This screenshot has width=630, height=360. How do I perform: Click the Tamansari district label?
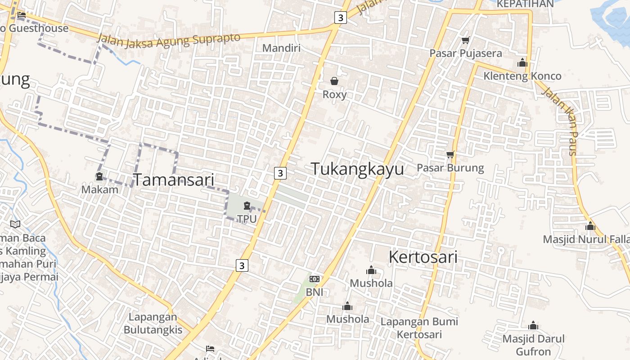tap(174, 180)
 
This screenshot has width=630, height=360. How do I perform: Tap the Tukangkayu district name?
tap(357, 169)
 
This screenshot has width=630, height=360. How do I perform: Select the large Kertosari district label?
tap(423, 257)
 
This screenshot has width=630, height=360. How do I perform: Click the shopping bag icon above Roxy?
tap(334, 81)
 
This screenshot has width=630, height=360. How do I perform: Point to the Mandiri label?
tap(281, 48)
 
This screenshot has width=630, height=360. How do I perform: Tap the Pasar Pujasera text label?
tap(465, 53)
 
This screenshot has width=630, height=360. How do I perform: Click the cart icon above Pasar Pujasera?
tap(465, 40)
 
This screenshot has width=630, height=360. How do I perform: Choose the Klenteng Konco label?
tap(522, 76)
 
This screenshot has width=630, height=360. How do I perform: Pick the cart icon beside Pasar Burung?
tap(450, 155)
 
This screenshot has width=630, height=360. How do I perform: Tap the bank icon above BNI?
tap(315, 279)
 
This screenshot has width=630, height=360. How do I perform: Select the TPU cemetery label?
tap(247, 219)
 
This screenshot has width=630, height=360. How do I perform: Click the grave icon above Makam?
tap(99, 176)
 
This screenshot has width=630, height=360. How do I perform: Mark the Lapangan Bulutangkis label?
tap(153, 323)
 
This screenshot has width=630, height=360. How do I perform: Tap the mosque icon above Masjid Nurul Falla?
tap(590, 226)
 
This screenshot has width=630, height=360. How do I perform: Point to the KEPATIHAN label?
tap(525, 4)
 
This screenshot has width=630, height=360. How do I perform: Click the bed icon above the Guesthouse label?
tap(21, 15)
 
